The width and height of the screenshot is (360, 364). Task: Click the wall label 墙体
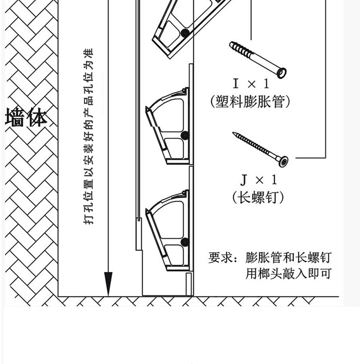[26, 118]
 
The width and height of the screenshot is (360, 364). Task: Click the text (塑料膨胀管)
[251, 102]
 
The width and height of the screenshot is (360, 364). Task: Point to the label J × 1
[259, 180]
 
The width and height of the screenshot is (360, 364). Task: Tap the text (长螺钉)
[258, 197]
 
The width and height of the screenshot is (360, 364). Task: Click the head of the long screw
[284, 161]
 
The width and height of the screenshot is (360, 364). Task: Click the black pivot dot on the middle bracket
[185, 136]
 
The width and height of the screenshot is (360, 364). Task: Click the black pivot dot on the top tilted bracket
[185, 33]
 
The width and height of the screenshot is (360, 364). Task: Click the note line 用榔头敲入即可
[288, 273]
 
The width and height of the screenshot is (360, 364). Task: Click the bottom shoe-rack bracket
[168, 230]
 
